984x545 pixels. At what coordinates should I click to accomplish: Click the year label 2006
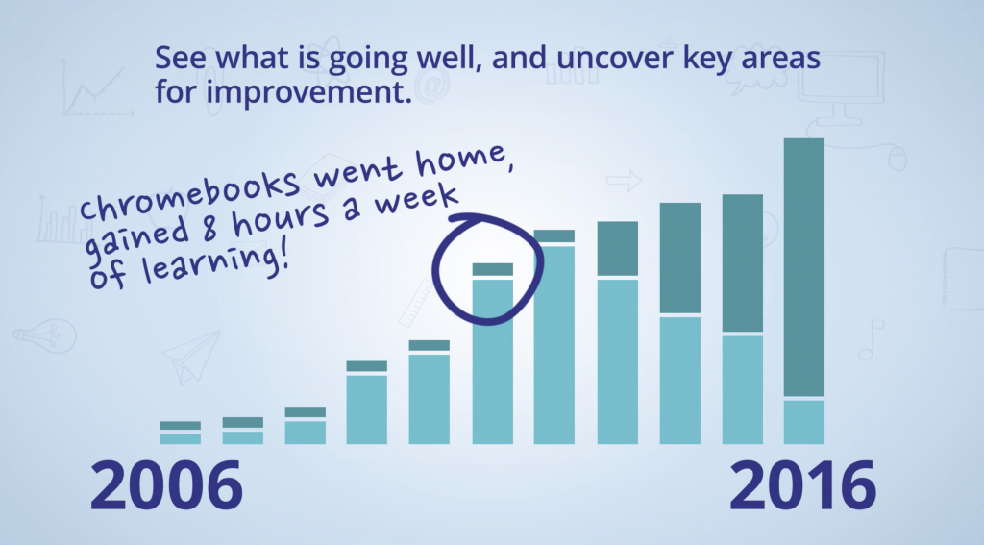(x=166, y=486)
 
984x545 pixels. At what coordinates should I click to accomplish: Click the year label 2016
(x=802, y=486)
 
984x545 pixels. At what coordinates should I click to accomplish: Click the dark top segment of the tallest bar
(x=804, y=266)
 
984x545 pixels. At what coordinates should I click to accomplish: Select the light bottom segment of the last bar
(x=804, y=422)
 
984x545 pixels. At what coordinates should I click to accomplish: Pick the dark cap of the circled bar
(x=492, y=269)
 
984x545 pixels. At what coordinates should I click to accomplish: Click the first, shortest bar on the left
(x=180, y=434)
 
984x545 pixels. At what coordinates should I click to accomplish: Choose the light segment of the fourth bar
(x=367, y=409)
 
